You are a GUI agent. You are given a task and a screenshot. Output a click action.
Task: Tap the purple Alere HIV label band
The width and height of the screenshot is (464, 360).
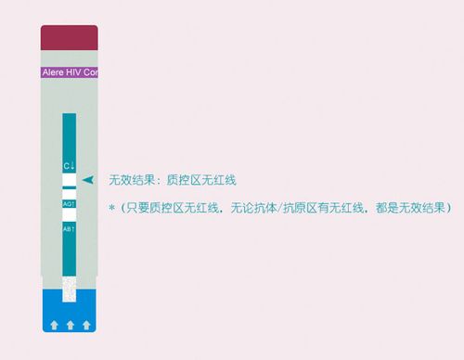pyautogui.click(x=70, y=71)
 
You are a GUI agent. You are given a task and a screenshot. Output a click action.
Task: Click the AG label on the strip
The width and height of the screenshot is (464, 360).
pyautogui.click(x=69, y=202)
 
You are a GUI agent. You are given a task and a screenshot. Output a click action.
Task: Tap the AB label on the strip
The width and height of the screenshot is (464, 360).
pyautogui.click(x=69, y=227)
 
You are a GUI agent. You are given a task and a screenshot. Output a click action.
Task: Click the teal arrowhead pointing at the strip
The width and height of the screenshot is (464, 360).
pyautogui.click(x=88, y=179)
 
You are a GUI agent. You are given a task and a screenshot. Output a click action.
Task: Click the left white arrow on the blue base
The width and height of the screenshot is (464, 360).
pyautogui.click(x=53, y=324)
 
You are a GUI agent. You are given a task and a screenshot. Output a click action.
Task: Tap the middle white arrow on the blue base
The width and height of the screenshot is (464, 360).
pyautogui.click(x=70, y=324)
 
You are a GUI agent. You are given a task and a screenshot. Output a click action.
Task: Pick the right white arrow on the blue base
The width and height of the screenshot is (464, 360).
pyautogui.click(x=86, y=324)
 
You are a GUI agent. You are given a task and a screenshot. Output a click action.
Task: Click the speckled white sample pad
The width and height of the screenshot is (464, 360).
pyautogui.click(x=69, y=289)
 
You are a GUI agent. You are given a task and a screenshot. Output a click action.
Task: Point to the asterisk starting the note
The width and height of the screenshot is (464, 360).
pyautogui.click(x=111, y=206)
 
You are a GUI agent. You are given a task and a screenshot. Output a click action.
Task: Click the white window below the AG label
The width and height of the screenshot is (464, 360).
pyautogui.click(x=69, y=214)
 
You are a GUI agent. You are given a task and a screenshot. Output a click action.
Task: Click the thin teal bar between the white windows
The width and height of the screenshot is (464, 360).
pyautogui.click(x=69, y=188)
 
